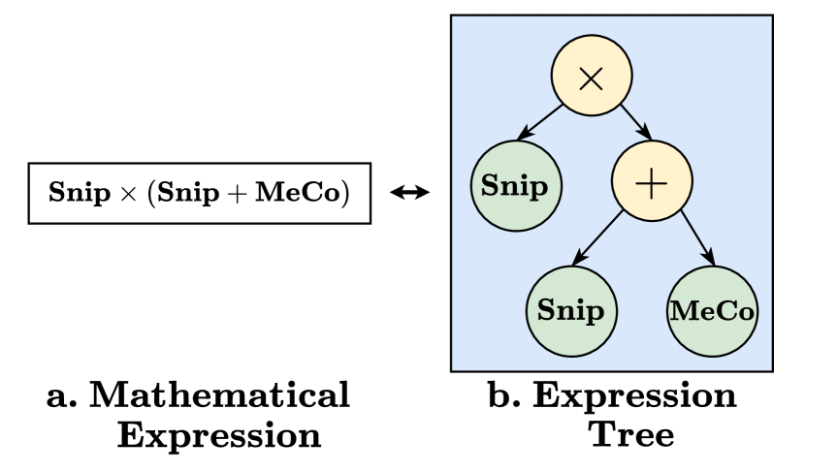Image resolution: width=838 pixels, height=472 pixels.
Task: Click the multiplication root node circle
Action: click(x=592, y=78)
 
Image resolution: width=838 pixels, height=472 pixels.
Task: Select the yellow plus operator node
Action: click(x=651, y=182)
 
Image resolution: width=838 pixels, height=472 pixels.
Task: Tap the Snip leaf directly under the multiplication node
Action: click(x=514, y=185)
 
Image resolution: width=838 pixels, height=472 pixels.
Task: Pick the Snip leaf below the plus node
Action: click(x=570, y=310)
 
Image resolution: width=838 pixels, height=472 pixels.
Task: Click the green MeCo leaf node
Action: click(x=712, y=311)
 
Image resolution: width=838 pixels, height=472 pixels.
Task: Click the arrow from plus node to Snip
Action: click(x=598, y=238)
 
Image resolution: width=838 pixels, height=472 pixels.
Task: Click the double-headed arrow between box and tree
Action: click(x=409, y=193)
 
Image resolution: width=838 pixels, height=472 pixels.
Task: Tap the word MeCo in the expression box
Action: click(x=299, y=193)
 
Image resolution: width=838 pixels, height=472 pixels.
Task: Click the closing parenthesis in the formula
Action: click(x=344, y=193)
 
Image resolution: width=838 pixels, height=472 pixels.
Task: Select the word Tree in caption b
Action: click(x=632, y=435)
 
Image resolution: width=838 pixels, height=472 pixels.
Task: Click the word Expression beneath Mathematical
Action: click(x=219, y=435)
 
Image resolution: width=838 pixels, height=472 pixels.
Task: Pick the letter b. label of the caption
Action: click(x=501, y=396)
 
